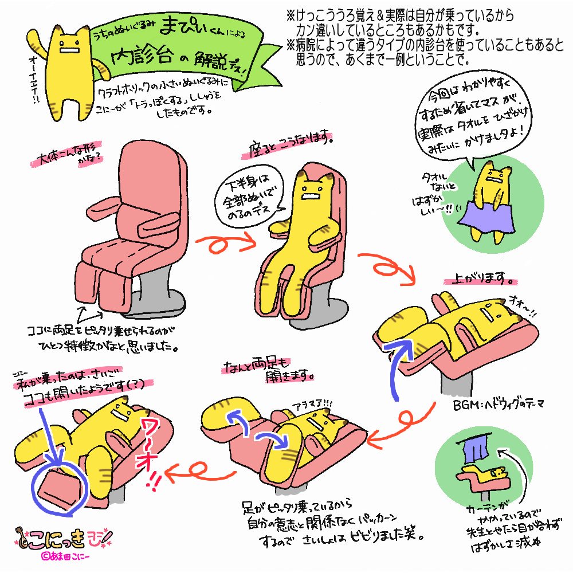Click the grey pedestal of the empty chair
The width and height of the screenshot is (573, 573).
(154, 292)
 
